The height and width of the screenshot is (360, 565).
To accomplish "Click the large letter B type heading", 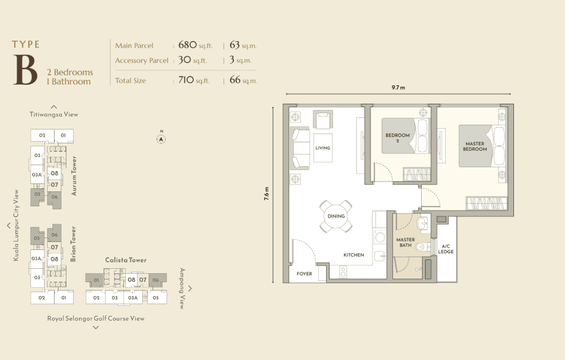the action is (x=25, y=70).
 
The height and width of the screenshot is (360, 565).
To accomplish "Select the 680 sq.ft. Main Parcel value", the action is (x=195, y=45).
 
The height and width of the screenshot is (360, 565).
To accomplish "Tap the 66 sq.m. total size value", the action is (x=243, y=80).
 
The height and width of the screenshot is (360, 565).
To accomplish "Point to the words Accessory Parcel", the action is (x=142, y=60).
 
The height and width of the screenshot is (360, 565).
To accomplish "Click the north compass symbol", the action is (x=161, y=139).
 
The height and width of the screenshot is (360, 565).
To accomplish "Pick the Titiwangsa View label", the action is (x=54, y=114).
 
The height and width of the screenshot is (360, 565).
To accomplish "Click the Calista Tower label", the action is (x=126, y=260).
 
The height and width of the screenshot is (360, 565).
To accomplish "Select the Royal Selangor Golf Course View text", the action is (x=96, y=318).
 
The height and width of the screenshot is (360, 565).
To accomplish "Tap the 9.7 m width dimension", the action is (x=398, y=88).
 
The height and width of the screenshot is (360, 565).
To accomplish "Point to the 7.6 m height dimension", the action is (x=266, y=193).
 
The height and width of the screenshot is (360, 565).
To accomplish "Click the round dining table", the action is (x=336, y=216).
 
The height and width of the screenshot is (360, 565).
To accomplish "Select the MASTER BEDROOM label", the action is (x=475, y=146).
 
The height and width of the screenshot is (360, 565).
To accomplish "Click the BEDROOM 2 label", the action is (x=397, y=138).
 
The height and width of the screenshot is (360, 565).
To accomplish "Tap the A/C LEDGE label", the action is (x=446, y=249).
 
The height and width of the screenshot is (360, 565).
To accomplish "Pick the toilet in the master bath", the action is (x=422, y=247).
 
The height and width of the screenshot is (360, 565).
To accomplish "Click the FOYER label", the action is (x=304, y=274).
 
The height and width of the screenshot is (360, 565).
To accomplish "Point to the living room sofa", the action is (x=300, y=148).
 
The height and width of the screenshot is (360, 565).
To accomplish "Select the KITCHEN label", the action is (x=353, y=255).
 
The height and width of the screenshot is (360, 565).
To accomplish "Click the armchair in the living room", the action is (x=323, y=120).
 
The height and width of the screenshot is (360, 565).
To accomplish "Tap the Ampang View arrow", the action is (x=190, y=288).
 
